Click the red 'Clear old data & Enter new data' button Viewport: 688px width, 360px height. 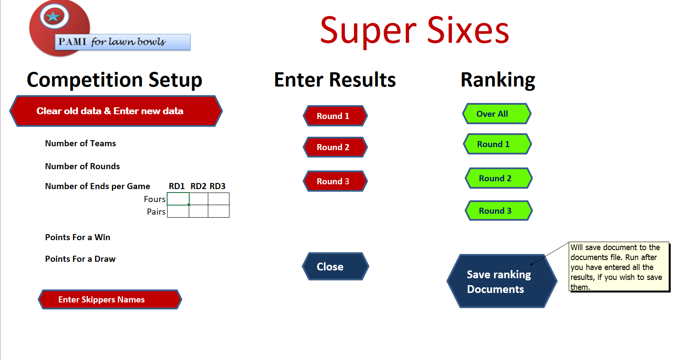[x=116, y=111]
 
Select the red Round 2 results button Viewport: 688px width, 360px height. [x=335, y=147]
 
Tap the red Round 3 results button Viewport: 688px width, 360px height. [x=335, y=181]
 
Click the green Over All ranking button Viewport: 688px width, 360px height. [x=497, y=113]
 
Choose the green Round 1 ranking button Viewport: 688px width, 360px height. [x=497, y=144]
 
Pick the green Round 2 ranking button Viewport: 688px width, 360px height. [x=498, y=178]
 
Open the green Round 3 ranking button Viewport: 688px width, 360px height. [x=498, y=211]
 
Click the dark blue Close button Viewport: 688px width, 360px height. [x=335, y=267]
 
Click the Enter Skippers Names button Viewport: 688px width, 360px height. [x=110, y=299]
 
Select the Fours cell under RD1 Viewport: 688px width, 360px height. [x=178, y=199]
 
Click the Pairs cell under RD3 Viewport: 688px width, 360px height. [x=219, y=212]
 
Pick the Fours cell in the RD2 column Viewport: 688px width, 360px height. [x=199, y=199]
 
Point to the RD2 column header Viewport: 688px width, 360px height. [x=198, y=186]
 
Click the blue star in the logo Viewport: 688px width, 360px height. [x=53, y=16]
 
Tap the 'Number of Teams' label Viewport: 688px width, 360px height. [x=81, y=143]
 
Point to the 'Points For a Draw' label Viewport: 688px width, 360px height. [x=80, y=259]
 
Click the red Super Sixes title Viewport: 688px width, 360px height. [x=414, y=31]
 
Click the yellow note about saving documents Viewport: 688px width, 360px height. [x=619, y=267]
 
